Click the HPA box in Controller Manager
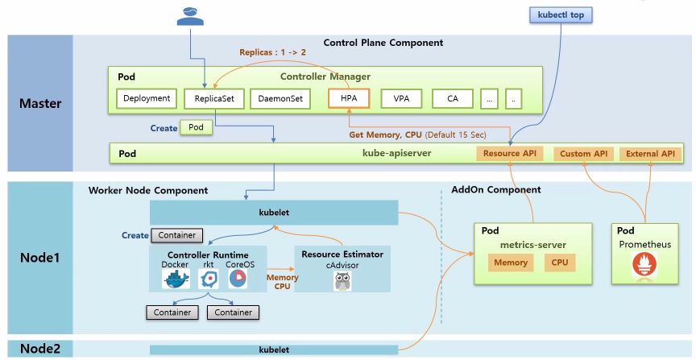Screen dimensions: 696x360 point(349,98)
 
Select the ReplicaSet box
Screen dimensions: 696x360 point(214,98)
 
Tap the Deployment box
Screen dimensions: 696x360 point(147,98)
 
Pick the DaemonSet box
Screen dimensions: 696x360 point(280,98)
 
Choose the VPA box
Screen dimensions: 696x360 point(401,98)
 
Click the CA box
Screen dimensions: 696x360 point(452,98)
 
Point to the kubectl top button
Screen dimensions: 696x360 point(561,14)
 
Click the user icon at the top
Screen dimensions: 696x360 point(190,16)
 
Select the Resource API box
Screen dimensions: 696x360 point(510,154)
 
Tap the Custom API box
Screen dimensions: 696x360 point(583,154)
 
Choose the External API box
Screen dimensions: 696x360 point(650,154)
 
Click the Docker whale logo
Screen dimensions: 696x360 point(176,279)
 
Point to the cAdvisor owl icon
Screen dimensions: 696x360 point(342,281)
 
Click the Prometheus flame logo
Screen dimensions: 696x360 point(644,264)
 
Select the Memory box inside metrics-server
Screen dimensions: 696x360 point(511,263)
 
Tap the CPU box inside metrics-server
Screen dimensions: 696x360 point(559,263)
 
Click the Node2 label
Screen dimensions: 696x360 point(40,349)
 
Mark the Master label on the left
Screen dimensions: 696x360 point(40,103)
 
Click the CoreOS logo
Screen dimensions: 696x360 point(238,279)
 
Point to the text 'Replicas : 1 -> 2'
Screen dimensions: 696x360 point(272,52)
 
